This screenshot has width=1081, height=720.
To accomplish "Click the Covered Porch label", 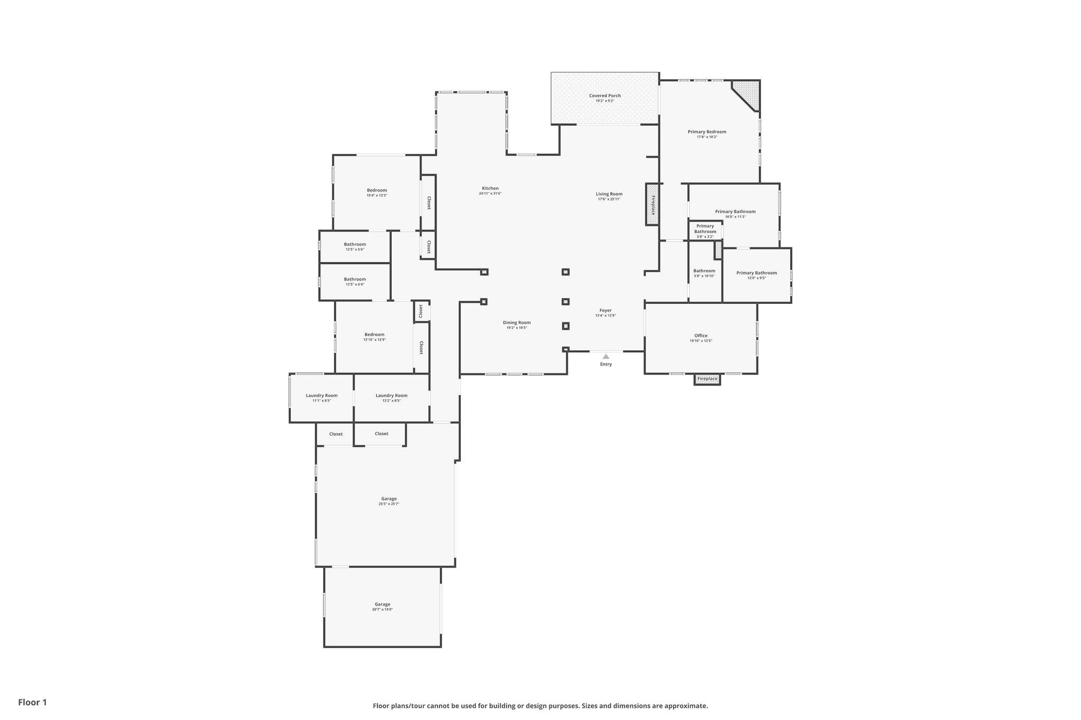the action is click(x=605, y=95).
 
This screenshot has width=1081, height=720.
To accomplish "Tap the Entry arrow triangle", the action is click(x=606, y=357).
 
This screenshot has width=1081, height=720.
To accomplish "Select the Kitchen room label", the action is click(x=490, y=188).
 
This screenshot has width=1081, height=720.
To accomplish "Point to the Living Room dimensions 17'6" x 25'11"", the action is click(x=609, y=199).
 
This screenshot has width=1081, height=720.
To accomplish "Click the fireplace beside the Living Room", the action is click(x=652, y=204).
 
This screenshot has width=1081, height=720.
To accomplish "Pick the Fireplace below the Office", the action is click(x=707, y=379).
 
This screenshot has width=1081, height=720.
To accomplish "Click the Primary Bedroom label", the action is click(x=707, y=132).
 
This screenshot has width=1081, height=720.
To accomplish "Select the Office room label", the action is click(x=701, y=335).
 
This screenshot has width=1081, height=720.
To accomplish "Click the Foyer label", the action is click(x=605, y=311).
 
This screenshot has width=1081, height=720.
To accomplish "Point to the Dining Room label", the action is click(x=517, y=322).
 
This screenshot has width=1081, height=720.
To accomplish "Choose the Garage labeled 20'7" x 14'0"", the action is click(x=383, y=607).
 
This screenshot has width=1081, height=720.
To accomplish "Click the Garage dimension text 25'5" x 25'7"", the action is click(x=389, y=504).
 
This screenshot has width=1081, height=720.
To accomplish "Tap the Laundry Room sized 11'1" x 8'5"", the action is click(x=321, y=398).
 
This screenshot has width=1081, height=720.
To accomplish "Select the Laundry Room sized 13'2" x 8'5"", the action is click(x=391, y=398).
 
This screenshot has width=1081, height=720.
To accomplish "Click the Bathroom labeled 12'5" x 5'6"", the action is click(x=355, y=246).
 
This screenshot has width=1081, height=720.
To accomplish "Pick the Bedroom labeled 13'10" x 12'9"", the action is click(x=374, y=337).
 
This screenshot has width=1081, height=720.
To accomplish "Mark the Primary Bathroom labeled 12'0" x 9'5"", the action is click(x=756, y=275).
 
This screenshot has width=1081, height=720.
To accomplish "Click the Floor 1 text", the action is click(x=33, y=702).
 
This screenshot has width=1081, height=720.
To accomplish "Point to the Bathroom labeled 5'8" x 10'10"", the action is click(x=704, y=273).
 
